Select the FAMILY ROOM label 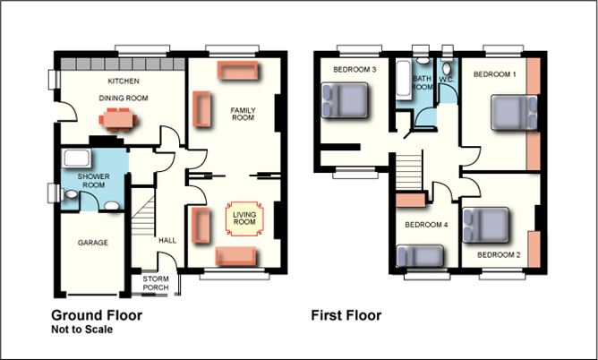point(243,114)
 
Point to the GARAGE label point(92,243)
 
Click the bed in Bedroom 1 point(514,114)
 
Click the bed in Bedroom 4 point(417,259)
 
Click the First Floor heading point(346,315)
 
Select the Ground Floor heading point(96,315)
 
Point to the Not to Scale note point(81,330)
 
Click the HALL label point(167,240)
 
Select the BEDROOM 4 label point(426,225)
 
